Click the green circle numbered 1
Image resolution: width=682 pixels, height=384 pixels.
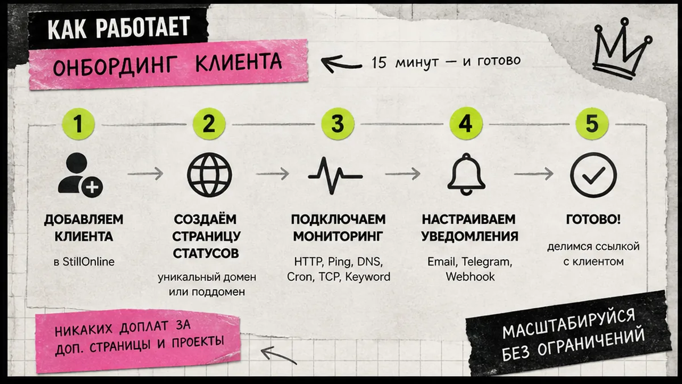[78, 124]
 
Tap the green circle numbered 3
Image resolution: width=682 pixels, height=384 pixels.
[338, 123]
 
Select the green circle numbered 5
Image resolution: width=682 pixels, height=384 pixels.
[592, 123]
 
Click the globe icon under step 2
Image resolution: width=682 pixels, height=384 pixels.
[210, 175]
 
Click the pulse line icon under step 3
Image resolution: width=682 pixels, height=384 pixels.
[335, 176]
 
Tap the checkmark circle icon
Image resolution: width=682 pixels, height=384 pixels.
[593, 175]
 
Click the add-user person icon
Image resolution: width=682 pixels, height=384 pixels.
[80, 174]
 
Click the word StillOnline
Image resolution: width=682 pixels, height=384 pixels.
[88, 262]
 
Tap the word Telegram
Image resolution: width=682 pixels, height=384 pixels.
[486, 262]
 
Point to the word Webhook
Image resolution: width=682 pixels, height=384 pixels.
[470, 276]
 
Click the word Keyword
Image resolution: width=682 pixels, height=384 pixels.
[368, 276]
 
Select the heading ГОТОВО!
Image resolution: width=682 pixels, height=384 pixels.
[593, 220]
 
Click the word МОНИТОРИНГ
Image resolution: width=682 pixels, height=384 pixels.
[338, 237]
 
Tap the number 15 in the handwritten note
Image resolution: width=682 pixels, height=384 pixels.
[379, 63]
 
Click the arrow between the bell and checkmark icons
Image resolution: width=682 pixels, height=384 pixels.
[534, 174]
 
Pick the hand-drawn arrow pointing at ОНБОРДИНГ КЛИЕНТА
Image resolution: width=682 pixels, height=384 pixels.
[341, 64]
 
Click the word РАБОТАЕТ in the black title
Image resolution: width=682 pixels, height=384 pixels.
[143, 27]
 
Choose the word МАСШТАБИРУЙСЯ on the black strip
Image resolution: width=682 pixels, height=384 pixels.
[569, 323]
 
